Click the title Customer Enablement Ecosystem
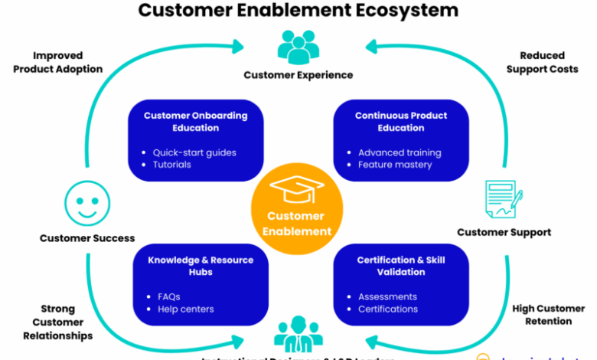(x=298, y=11)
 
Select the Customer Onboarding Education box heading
(x=196, y=122)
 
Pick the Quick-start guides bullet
(x=194, y=152)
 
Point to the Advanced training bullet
(x=400, y=152)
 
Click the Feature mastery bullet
(x=395, y=165)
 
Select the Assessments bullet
(x=387, y=296)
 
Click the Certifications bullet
(x=388, y=309)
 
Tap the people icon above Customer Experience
(x=298, y=47)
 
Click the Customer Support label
(x=504, y=232)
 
